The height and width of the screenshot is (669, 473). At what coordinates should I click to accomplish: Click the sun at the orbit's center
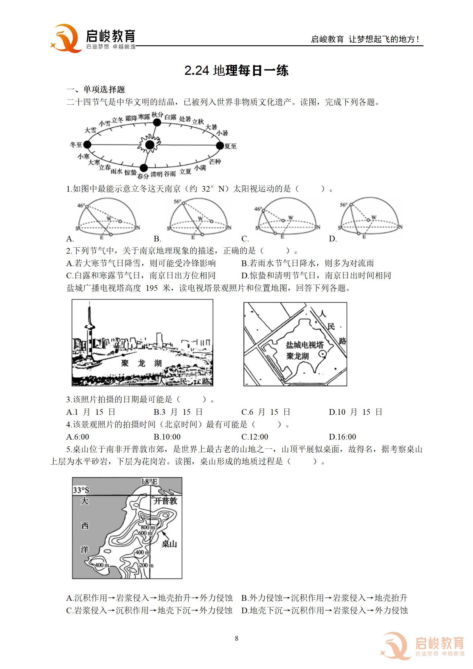150,145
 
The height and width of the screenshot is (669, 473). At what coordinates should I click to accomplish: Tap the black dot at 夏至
220,145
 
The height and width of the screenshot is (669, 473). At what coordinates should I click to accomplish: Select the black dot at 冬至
87,145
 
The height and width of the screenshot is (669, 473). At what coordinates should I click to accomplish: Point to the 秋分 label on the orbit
157,115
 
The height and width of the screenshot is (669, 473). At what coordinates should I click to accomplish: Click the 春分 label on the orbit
143,176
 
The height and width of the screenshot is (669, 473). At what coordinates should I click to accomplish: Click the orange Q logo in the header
66,38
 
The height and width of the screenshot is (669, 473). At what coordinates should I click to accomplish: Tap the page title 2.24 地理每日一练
236,71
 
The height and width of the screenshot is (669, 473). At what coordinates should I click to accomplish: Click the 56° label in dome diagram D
344,205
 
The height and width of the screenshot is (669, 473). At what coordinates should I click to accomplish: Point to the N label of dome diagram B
229,228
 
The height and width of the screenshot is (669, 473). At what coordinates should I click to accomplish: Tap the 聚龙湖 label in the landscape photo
141,363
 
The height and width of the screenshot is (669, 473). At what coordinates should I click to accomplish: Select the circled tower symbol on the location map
322,354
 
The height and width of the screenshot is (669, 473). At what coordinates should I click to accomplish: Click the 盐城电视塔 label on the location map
305,345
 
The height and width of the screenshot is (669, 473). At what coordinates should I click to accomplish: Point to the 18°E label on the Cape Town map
149,482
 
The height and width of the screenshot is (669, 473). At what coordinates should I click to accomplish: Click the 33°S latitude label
81,490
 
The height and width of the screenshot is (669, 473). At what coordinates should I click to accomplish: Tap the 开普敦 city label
165,501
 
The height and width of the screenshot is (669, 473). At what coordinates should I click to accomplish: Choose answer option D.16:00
342,437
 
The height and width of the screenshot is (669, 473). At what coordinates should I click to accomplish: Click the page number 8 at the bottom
237,638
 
